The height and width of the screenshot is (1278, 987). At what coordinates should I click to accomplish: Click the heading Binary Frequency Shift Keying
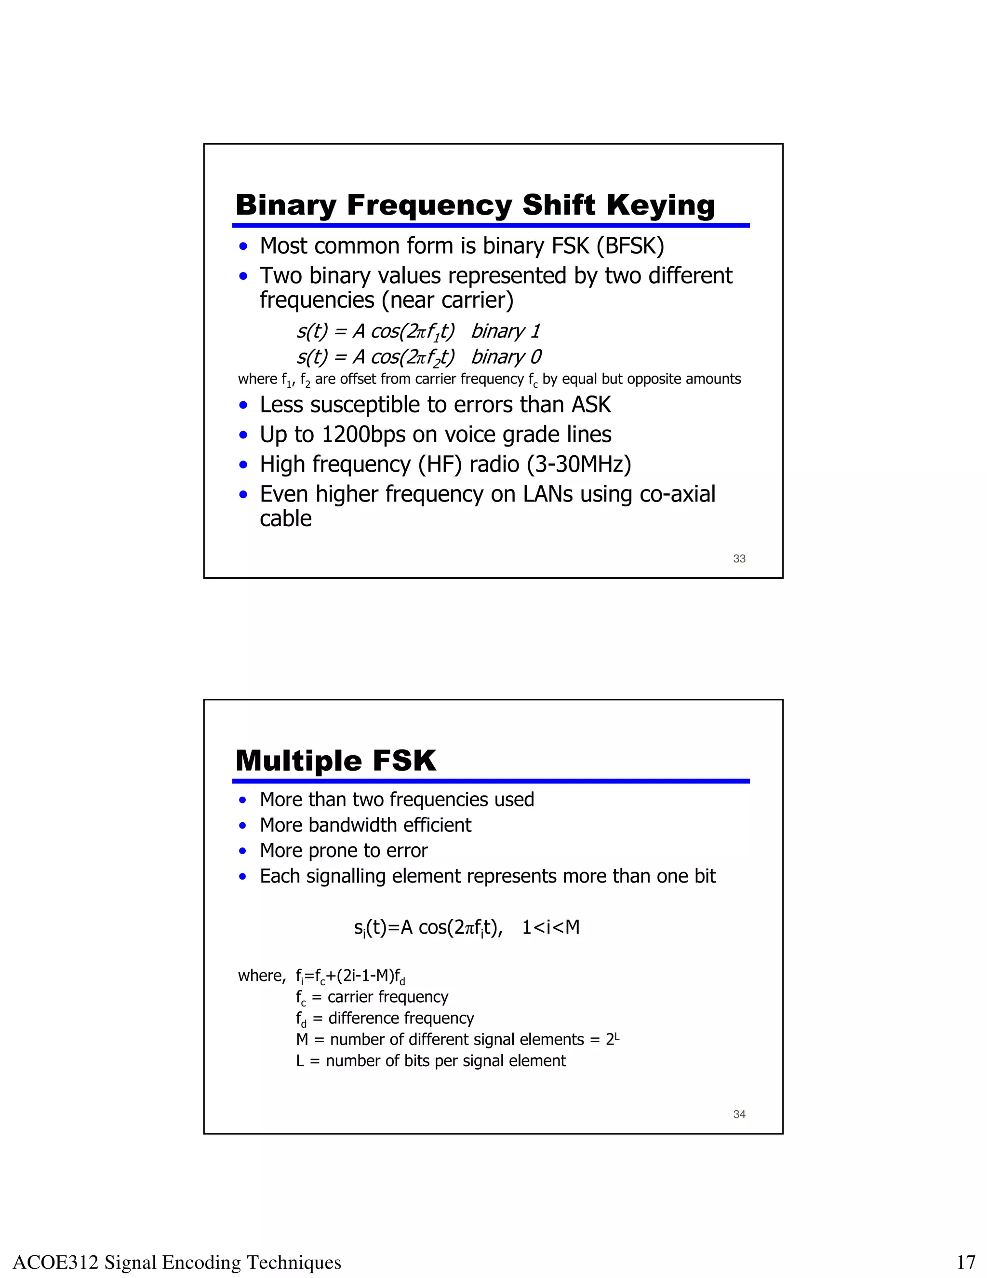(x=475, y=205)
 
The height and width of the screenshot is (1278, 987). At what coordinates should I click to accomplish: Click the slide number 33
(x=739, y=559)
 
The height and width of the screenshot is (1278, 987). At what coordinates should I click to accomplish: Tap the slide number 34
(x=739, y=1115)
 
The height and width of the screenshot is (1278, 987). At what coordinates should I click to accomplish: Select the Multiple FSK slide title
(x=335, y=761)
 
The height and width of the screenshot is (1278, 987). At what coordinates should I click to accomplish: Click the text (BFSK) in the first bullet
(x=630, y=246)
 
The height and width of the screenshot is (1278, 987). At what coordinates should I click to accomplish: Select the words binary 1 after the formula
(x=506, y=331)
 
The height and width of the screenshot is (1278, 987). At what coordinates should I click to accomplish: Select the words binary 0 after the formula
(x=507, y=357)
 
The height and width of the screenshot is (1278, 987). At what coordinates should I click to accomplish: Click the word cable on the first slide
(x=285, y=519)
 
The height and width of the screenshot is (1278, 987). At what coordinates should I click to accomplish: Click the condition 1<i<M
(x=550, y=927)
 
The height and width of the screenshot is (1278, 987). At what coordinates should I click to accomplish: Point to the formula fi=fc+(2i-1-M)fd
(x=350, y=976)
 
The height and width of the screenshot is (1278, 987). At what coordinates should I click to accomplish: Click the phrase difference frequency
(x=400, y=1018)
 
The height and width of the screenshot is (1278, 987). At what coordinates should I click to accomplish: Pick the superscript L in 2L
(x=617, y=1036)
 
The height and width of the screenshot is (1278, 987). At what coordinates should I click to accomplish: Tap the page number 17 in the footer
(x=966, y=1263)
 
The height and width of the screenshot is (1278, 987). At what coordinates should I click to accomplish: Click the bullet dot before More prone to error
(x=243, y=851)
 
